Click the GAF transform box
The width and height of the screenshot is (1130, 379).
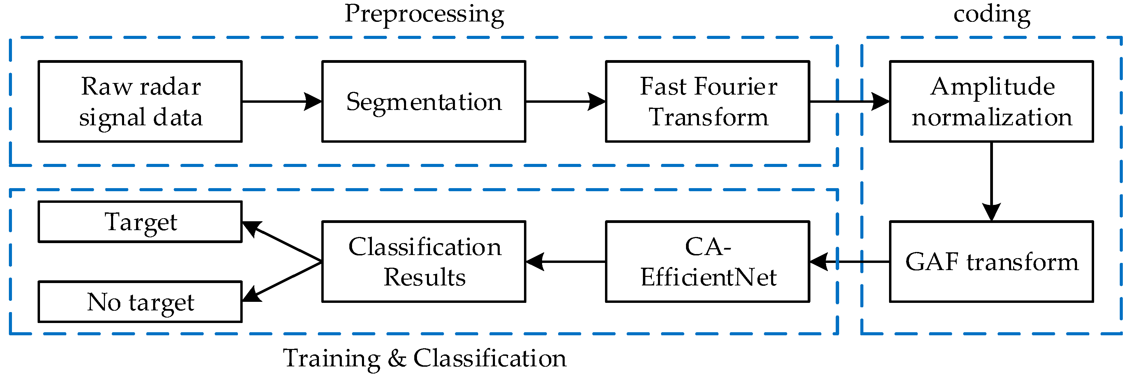tap(991, 262)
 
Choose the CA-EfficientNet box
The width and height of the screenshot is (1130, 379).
tap(707, 262)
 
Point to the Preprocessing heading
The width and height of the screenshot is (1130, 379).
tap(424, 14)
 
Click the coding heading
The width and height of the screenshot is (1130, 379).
tap(991, 14)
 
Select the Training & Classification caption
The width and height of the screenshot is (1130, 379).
tap(424, 359)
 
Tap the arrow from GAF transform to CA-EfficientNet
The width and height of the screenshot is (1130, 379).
tap(849, 262)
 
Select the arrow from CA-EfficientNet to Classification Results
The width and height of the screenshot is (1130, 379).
tap(565, 262)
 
